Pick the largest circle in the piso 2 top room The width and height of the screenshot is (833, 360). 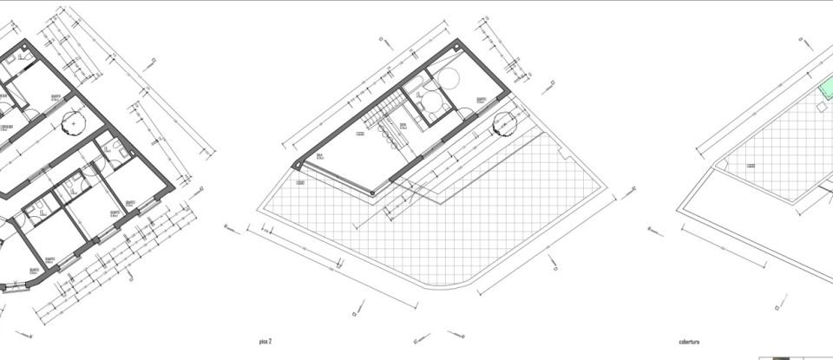[x=452, y=78]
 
